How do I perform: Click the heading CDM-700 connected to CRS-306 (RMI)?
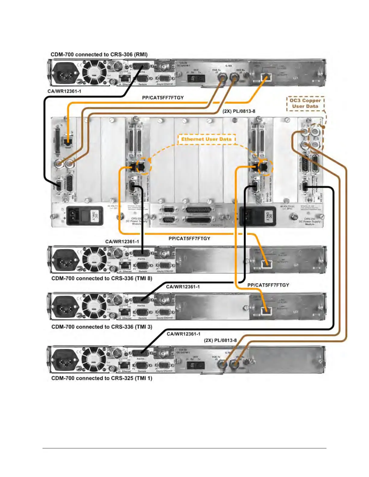tap(99, 55)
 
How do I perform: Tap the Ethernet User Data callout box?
tap(206, 139)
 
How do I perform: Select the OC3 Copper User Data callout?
tap(305, 103)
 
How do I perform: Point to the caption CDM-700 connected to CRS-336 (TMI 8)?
tap(102, 278)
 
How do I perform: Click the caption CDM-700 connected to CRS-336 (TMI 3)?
tap(102, 327)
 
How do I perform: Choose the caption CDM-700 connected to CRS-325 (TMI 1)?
tap(102, 378)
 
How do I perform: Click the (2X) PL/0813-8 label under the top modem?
tap(239, 111)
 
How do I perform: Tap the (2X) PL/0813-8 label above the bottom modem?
tap(220, 340)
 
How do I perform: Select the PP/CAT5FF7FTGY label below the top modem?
tap(163, 98)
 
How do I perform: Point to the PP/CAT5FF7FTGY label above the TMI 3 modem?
tap(268, 285)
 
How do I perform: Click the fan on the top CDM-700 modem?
tap(94, 73)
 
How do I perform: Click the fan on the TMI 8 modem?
tap(94, 260)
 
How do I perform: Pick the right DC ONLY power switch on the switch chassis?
tap(257, 216)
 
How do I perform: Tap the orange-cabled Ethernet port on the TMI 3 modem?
tap(265, 310)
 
